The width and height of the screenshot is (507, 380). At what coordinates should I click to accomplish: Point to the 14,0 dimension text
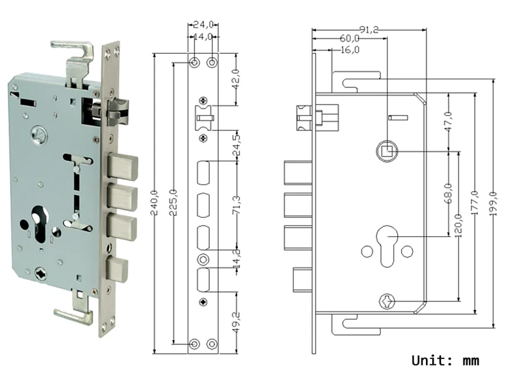203,37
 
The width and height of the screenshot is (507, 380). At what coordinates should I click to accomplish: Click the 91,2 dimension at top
369,29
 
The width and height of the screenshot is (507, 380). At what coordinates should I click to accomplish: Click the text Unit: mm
445,361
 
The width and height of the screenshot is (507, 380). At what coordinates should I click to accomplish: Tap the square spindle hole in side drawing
386,151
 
